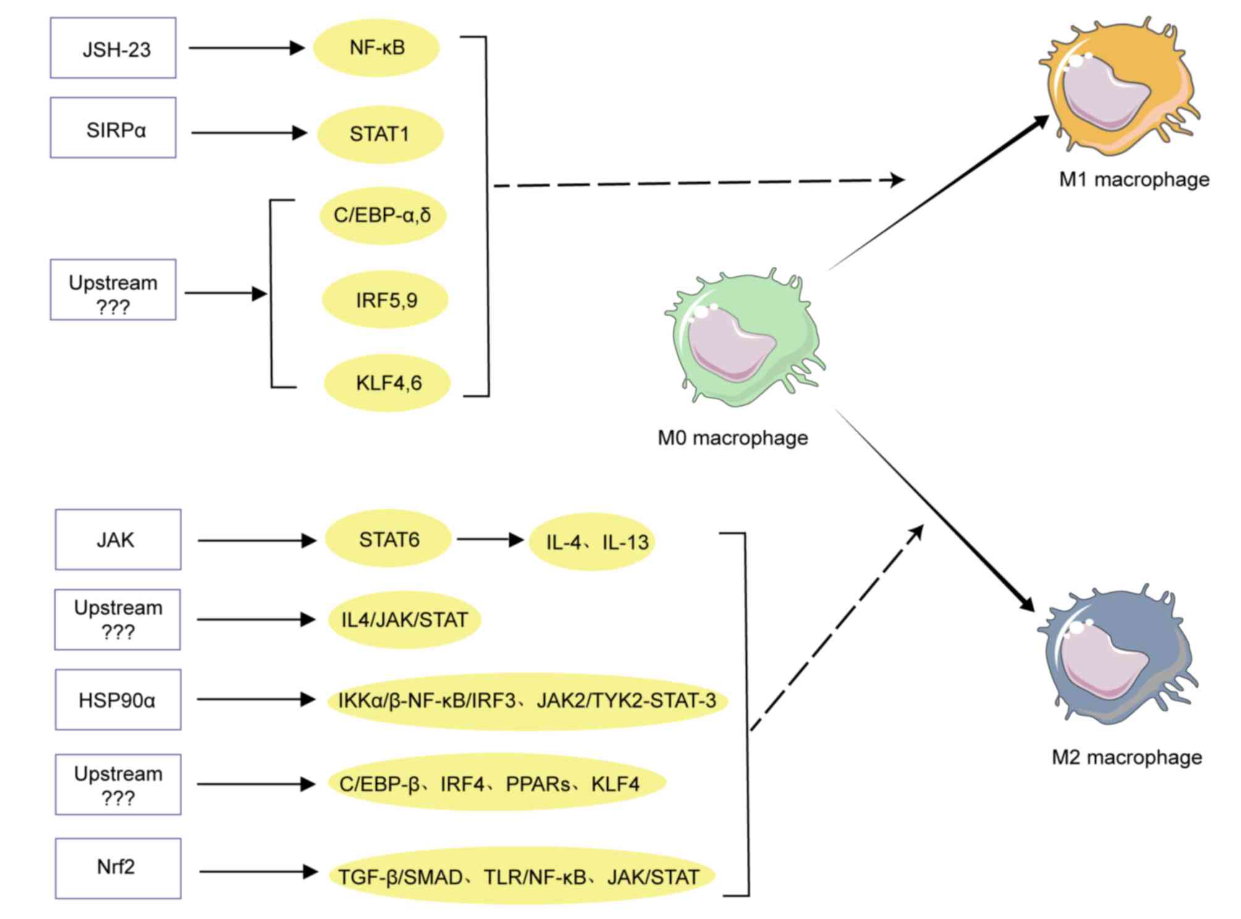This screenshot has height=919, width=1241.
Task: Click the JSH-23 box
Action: pos(113,48)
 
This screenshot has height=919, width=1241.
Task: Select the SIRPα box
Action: pos(113,127)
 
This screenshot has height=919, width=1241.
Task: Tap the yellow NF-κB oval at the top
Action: pos(376,48)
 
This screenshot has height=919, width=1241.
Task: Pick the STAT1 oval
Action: pos(380,134)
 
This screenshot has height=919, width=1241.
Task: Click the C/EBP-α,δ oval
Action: pos(382,216)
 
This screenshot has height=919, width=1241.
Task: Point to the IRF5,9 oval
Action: pos(385,300)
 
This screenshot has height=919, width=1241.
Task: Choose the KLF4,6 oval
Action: pos(387,383)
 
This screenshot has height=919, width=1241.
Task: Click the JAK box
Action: pos(118,540)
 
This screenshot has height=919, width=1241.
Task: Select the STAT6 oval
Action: pos(389,539)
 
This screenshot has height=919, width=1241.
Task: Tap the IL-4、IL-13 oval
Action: pos(592,542)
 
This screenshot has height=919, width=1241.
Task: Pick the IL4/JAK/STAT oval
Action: pos(405,619)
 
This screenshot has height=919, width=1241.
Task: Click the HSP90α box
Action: pos(118,700)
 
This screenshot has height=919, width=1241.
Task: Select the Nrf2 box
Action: pos(118,868)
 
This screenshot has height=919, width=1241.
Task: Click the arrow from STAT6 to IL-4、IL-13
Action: pos(490,540)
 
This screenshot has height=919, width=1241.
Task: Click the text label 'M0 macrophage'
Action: pos(733,438)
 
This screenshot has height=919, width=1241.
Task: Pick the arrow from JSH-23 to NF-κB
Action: pos(246,48)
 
